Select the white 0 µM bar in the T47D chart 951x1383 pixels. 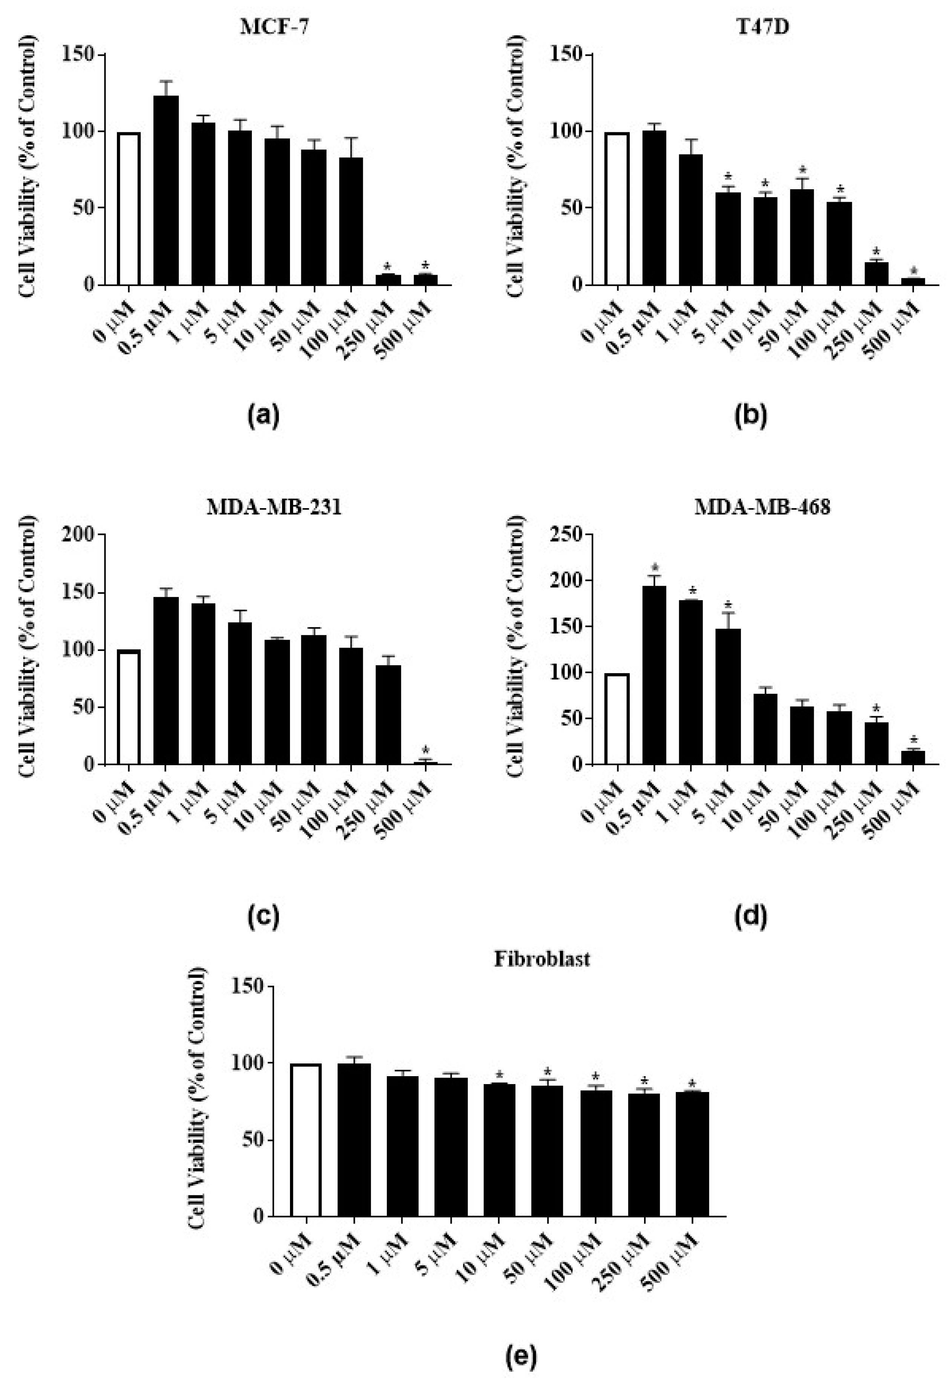(617, 208)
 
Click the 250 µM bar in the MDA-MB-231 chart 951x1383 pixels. (388, 715)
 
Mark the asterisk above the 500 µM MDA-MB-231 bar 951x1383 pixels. (425, 750)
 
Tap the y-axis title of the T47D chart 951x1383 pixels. (517, 167)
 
